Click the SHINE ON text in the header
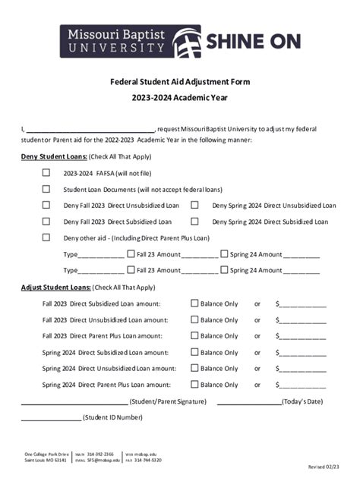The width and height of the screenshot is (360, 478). click(x=253, y=41)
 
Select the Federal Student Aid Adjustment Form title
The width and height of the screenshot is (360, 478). click(x=180, y=81)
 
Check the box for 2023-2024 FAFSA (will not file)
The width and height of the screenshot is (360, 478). click(x=46, y=172)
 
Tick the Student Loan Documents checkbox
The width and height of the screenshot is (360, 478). click(x=46, y=189)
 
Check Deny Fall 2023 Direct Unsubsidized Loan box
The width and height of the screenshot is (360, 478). click(x=46, y=205)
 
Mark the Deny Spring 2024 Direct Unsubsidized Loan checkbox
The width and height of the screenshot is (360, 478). click(x=195, y=205)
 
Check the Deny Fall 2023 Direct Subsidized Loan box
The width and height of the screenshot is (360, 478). click(x=46, y=222)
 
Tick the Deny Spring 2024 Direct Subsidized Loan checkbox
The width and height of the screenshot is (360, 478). click(x=195, y=222)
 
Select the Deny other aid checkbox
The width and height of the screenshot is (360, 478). click(x=46, y=237)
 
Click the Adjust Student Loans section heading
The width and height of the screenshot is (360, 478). click(x=55, y=288)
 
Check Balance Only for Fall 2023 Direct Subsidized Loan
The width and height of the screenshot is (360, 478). click(x=194, y=303)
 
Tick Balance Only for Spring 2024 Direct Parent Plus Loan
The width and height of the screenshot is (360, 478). click(x=194, y=385)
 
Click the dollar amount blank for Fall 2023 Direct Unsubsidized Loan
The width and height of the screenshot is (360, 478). click(x=304, y=321)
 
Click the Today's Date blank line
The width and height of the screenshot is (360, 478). click(x=248, y=402)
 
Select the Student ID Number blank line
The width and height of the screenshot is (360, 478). click(x=50, y=418)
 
